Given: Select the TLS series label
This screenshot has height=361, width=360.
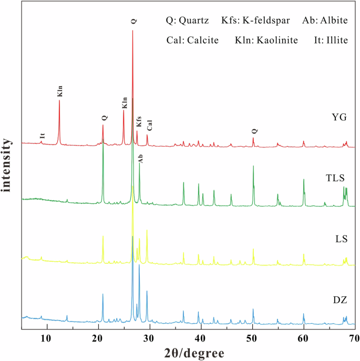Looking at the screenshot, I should pos(335,178).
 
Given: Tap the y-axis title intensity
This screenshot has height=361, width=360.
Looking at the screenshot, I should pos(8,166).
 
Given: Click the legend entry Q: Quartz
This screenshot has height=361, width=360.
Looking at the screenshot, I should pos(187,21).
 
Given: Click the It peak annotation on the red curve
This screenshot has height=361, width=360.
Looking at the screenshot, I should pos(42,135).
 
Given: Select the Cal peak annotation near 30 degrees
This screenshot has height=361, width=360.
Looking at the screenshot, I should pos(149,126).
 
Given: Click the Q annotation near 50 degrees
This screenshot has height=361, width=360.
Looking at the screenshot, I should pos(254,131).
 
